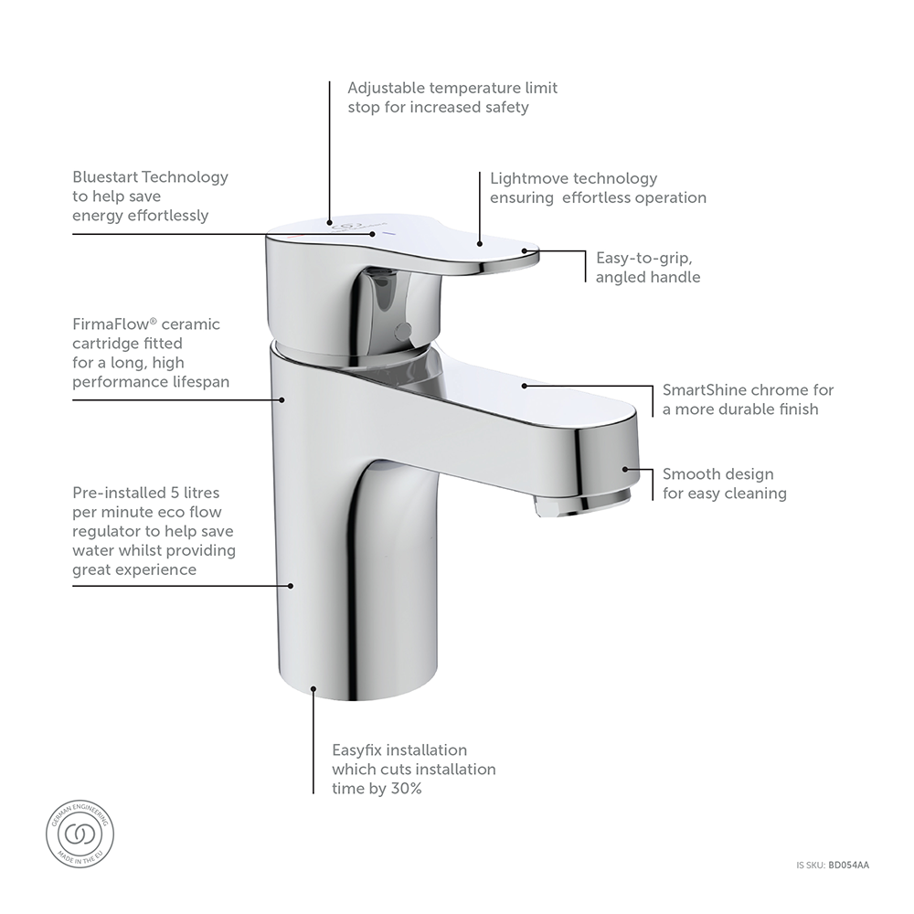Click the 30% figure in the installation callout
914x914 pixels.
[x=406, y=789]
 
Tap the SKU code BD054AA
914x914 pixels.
[x=849, y=864]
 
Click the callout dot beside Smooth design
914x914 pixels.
[x=625, y=469]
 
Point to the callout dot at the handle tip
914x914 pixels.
[x=524, y=250]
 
